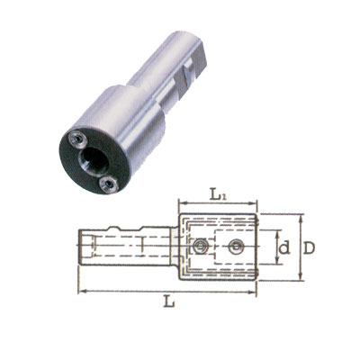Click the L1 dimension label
(x=217, y=195)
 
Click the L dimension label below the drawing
(x=169, y=301)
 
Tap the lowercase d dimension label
(x=284, y=248)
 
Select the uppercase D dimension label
(x=309, y=248)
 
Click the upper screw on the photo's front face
(x=77, y=139)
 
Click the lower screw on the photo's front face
(x=109, y=184)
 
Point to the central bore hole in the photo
(x=94, y=161)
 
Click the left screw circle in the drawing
(x=200, y=247)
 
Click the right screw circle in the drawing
(x=235, y=247)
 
